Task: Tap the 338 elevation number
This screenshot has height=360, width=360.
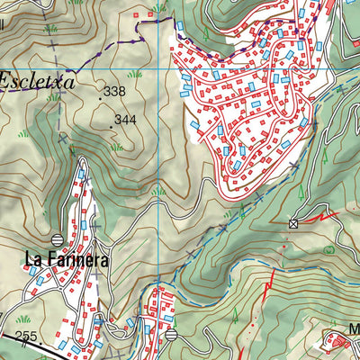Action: coord(114,92)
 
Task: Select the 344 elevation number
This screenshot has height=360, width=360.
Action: coord(125,119)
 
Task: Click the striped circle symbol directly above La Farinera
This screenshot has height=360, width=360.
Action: coord(58,239)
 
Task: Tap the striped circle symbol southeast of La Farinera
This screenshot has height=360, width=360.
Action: coord(171,334)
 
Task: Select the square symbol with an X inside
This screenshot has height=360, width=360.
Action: coord(292,223)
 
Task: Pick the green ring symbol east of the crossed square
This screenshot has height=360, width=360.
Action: coord(328,247)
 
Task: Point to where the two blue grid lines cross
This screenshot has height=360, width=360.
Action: coord(160,68)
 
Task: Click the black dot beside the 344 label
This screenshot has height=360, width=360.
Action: coord(111,125)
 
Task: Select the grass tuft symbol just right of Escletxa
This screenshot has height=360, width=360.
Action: coord(135,74)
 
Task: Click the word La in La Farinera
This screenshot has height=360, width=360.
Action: coord(34,261)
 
